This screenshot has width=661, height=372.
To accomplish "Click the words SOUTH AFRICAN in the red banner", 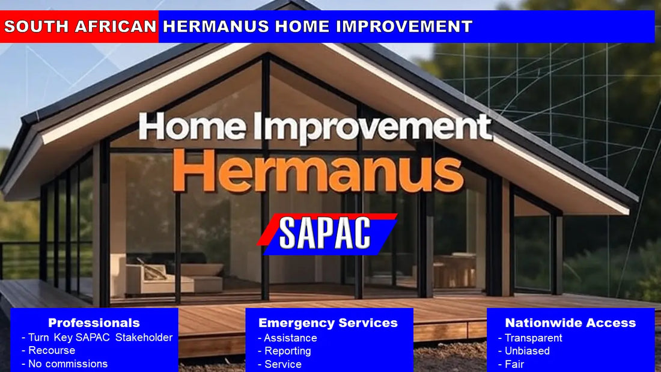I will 80,26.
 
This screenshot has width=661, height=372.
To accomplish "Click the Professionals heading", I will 94,323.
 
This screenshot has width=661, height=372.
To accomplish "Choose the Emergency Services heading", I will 328,323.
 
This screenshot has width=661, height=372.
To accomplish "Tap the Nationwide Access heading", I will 570,323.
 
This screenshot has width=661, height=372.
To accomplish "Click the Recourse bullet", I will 52,350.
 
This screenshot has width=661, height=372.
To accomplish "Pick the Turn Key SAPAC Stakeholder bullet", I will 100,338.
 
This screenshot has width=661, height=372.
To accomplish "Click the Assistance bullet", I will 290,338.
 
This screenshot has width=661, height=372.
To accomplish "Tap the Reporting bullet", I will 288,351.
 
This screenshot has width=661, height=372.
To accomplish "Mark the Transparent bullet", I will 533,338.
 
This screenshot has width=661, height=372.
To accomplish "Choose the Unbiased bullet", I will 527,351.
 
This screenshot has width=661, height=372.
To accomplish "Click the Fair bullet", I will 514,364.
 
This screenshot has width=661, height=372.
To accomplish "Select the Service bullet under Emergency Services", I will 283,364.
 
